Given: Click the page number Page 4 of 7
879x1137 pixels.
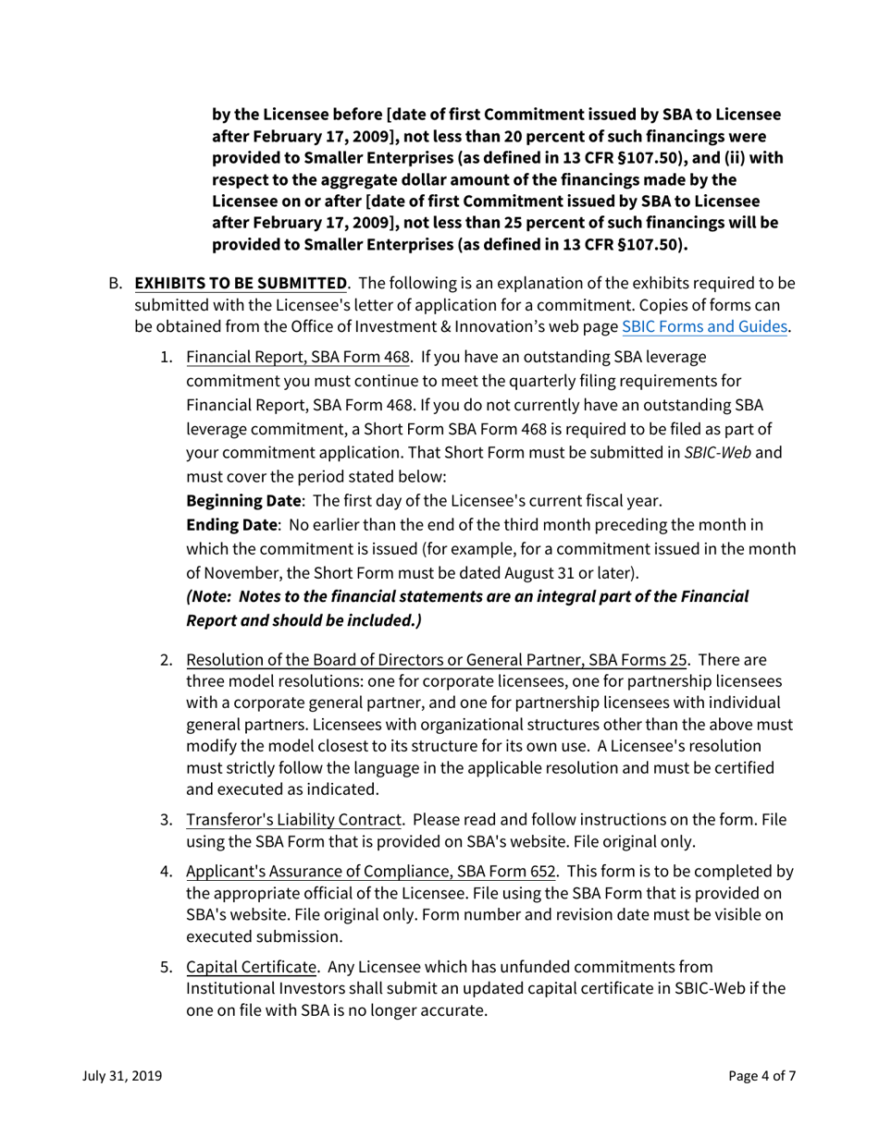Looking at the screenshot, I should click(x=761, y=1076).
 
